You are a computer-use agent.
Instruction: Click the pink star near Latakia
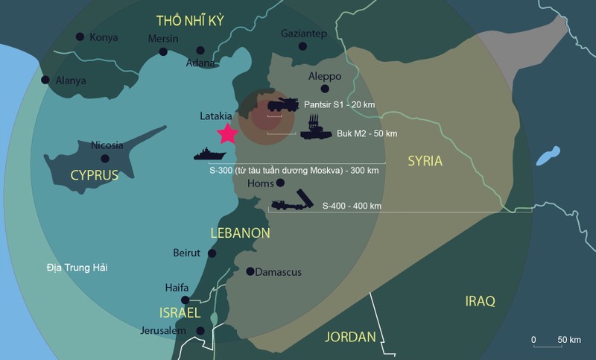click(x=227, y=133)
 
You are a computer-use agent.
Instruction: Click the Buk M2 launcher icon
click(x=314, y=127)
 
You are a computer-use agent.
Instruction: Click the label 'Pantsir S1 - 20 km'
click(x=340, y=104)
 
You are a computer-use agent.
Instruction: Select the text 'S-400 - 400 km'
click(x=352, y=205)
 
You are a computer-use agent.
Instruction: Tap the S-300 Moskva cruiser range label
click(x=294, y=171)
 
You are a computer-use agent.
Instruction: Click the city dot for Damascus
click(x=250, y=271)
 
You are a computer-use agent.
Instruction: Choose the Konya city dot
click(x=80, y=37)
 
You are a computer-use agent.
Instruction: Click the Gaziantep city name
click(x=304, y=34)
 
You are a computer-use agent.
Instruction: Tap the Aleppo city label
click(x=325, y=76)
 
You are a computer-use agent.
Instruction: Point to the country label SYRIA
click(x=425, y=161)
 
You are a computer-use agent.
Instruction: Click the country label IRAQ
click(x=480, y=300)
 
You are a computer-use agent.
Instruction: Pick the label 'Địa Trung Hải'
click(x=72, y=267)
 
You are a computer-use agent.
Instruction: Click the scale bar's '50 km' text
click(x=569, y=340)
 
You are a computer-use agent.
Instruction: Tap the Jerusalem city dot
click(x=200, y=331)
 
